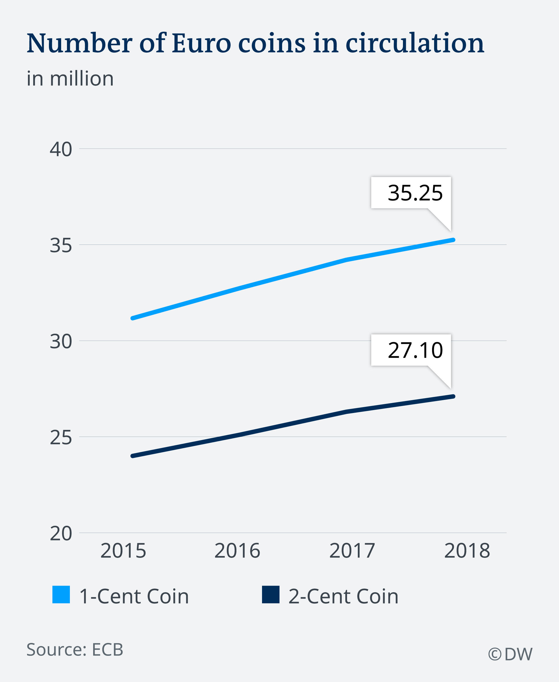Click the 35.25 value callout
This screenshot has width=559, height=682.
point(415,193)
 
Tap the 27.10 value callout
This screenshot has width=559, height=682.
point(415,350)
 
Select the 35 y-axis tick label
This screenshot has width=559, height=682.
point(61,245)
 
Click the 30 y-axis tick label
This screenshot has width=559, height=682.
point(61,341)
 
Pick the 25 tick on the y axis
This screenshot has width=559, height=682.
point(61,437)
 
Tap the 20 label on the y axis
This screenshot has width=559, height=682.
point(61,533)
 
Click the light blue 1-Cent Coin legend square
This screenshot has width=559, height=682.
point(61,595)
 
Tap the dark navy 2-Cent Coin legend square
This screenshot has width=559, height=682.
point(270,595)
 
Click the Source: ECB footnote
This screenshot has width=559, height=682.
point(75,649)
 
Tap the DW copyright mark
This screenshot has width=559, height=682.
point(510,654)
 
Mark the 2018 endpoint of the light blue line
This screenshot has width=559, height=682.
point(453,240)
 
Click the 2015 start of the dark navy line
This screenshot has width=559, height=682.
point(133,456)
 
